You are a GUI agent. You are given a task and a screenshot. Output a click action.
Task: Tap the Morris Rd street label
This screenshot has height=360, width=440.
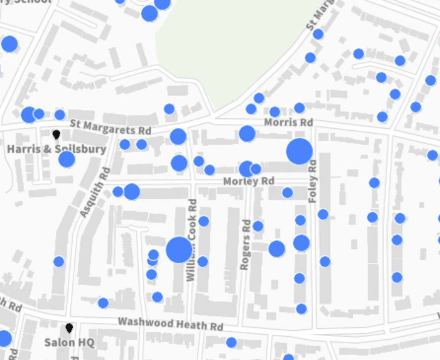[288, 122]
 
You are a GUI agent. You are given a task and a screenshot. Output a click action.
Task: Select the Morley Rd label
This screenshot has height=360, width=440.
[249, 181]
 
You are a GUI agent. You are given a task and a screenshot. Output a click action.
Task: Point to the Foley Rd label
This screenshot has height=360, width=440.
[313, 181]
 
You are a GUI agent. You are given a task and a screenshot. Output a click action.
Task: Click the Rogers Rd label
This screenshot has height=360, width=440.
[246, 245]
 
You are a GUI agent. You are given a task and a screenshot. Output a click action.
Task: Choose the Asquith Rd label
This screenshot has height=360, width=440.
[94, 192]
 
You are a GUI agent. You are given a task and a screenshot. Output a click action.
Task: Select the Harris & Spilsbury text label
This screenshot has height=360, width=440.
[57, 149]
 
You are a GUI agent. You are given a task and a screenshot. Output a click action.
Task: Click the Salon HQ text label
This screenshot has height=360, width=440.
[69, 342]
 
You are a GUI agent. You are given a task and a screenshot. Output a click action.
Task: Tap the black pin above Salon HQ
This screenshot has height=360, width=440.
[69, 328]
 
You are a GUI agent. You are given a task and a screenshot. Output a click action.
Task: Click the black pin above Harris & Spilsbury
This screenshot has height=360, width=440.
[56, 134]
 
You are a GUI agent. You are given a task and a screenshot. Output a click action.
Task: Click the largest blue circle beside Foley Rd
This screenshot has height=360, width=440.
[299, 151]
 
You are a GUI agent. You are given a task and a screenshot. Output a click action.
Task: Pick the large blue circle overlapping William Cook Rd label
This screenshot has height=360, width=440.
[179, 250]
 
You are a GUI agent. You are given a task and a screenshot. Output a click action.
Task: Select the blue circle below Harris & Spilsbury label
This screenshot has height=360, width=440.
[67, 159]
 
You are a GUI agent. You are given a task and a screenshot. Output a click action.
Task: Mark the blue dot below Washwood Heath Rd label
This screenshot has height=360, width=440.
[231, 342]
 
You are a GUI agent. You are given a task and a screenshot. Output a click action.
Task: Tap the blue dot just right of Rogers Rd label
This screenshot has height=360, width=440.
[258, 226]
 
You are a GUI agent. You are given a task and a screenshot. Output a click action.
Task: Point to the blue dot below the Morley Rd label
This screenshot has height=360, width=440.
[287, 192]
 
